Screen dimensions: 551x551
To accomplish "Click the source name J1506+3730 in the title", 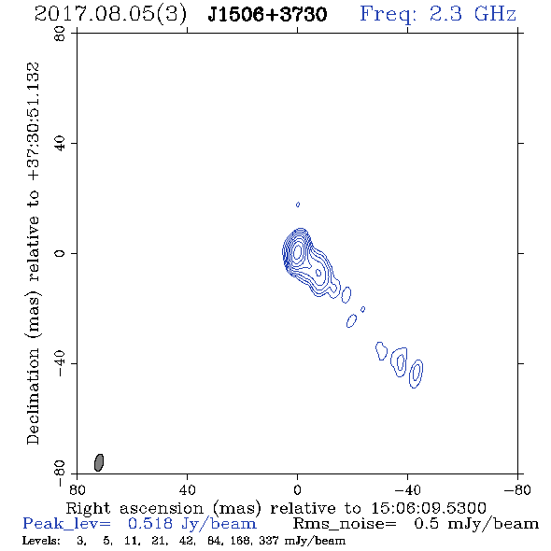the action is [x=267, y=15].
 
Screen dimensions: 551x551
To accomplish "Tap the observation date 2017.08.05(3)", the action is [x=111, y=15].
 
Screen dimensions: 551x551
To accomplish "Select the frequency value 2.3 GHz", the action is [x=473, y=14].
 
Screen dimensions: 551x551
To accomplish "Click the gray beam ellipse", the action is [x=99, y=462].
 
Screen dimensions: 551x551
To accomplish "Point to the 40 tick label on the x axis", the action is [x=187, y=490].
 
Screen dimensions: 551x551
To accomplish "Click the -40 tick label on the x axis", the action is [x=407, y=490].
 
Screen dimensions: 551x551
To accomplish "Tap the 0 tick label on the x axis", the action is [x=297, y=490].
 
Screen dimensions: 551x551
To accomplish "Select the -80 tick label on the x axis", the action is [x=517, y=490].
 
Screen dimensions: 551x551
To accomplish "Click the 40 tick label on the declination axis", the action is [x=60, y=144].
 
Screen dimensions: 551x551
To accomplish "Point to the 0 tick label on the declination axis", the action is [x=60, y=253].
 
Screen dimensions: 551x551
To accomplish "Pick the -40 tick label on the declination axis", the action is [x=60, y=363].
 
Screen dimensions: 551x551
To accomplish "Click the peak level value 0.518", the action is [x=150, y=524].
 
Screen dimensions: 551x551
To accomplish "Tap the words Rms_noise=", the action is [x=345, y=524].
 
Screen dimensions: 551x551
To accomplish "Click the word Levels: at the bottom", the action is [x=41, y=541].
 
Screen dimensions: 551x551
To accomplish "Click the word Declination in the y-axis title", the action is [x=33, y=397].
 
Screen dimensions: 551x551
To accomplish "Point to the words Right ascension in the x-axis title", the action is [x=134, y=508].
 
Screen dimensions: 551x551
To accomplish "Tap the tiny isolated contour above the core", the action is [x=298, y=205].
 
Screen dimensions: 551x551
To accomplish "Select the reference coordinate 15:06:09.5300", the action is [x=429, y=508].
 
